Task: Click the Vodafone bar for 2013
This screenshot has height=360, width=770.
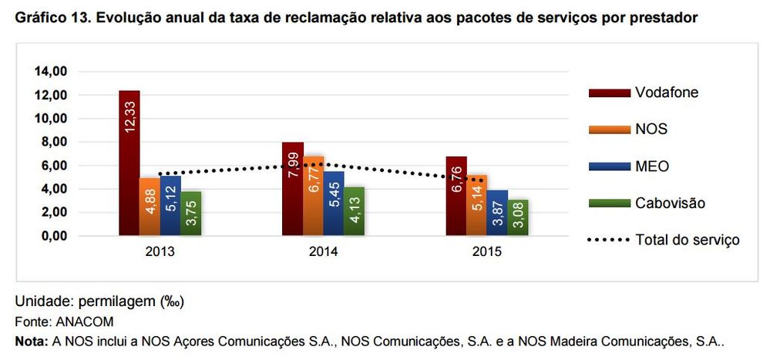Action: coord(129,162)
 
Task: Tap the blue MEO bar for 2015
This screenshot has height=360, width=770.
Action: coord(497,212)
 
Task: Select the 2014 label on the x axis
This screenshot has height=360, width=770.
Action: coord(323,252)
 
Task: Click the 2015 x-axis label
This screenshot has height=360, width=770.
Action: coord(487,252)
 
